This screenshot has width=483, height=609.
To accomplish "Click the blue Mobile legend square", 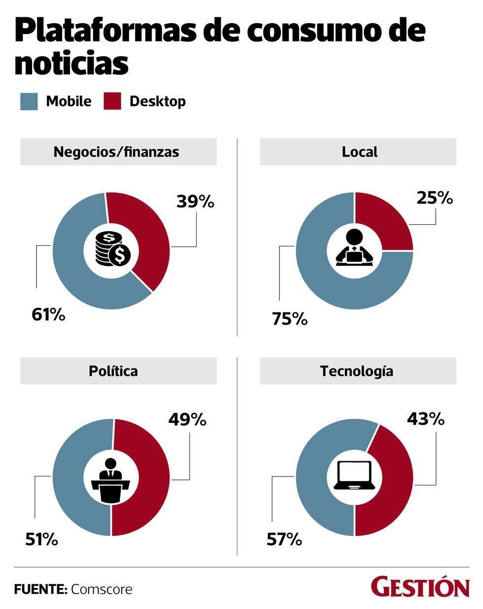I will click(29, 101).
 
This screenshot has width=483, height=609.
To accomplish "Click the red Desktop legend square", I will click(112, 101).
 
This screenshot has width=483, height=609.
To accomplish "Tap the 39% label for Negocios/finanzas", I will click(195, 202).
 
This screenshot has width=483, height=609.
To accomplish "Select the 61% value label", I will click(48, 314).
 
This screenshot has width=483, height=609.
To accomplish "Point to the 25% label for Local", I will click(434, 198).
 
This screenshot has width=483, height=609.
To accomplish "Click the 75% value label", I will click(290, 319).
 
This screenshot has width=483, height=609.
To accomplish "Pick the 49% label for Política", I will click(187, 419).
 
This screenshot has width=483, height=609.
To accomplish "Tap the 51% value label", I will click(41, 540).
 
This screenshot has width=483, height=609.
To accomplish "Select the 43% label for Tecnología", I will click(425, 419).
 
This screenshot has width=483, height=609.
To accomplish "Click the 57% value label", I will click(284, 540).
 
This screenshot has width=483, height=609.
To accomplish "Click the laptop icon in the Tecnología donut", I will click(354, 475).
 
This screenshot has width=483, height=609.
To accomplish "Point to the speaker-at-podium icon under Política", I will click(111, 480).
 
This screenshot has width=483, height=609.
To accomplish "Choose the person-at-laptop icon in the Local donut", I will click(354, 248).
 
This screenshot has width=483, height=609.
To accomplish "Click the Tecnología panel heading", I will click(357, 371).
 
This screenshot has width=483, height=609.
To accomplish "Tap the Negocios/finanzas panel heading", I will click(116, 152).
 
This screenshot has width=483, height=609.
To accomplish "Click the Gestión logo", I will click(420, 587).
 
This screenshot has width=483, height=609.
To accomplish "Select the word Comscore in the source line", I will click(102, 589).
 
